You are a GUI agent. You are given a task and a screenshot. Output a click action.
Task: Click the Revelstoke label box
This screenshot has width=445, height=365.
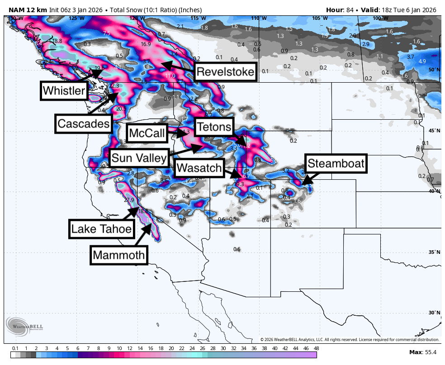[226, 72]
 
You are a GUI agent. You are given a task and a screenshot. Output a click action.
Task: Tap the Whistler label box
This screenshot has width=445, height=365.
[63, 91]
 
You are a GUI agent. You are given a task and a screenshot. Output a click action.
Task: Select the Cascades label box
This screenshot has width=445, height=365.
[84, 123]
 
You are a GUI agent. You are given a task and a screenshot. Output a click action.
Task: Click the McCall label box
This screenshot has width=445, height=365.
[147, 133]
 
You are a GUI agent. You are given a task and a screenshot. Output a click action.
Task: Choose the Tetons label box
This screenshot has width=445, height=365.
[214, 126]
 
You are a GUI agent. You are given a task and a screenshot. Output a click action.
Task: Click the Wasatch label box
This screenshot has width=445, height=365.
[199, 168]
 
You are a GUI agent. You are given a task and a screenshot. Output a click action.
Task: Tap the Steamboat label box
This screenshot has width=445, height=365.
[335, 163]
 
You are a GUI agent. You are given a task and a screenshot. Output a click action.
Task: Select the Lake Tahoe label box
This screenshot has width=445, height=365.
[102, 229]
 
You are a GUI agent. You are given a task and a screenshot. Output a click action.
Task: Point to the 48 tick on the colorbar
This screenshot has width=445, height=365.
[316, 348]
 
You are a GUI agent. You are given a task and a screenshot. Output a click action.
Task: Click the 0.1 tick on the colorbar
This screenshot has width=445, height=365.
[15, 348]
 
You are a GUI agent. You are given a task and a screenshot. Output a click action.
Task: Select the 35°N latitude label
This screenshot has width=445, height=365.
[434, 252]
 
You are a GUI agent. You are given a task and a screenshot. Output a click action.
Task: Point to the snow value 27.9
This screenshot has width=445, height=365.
[129, 200]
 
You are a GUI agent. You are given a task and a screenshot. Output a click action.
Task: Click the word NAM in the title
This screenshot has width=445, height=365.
[16, 10]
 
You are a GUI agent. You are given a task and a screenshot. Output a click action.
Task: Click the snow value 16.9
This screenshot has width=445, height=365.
[146, 44]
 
